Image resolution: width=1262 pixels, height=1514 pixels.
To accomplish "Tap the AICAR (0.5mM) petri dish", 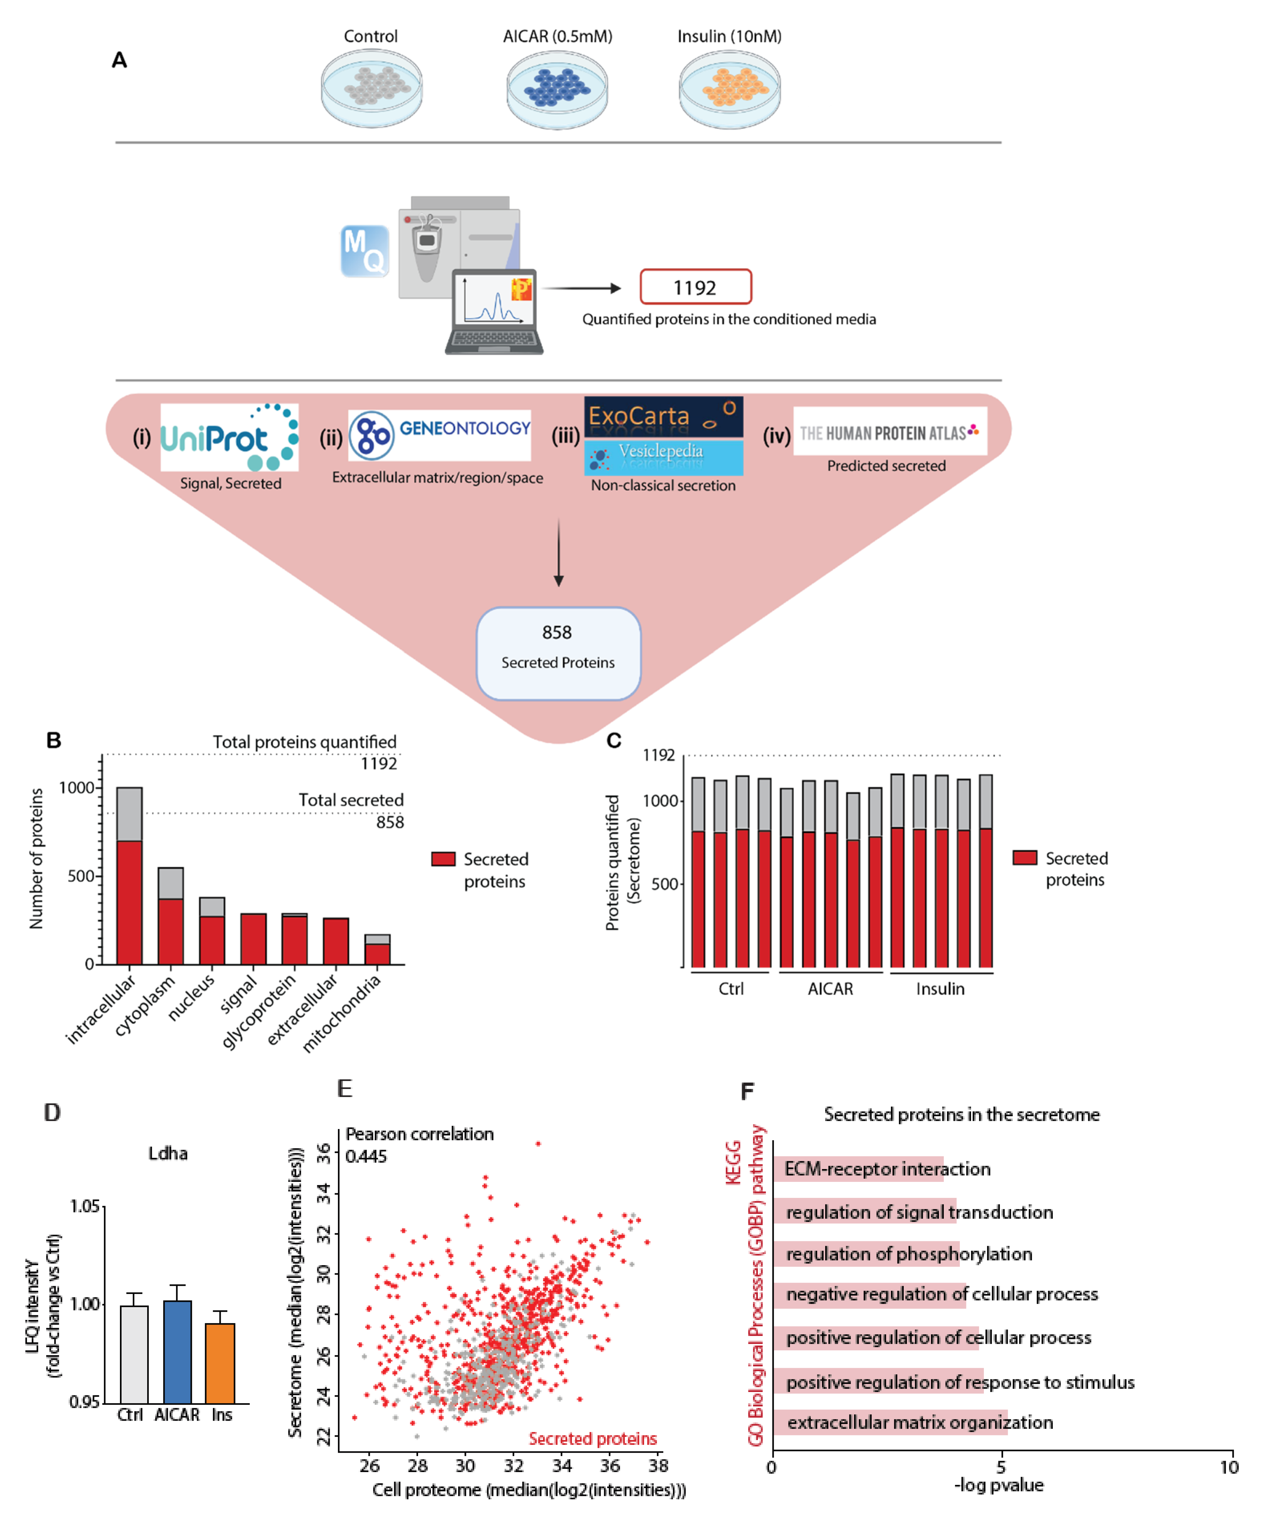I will coord(557,90).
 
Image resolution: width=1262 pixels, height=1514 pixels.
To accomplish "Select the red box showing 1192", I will coord(695,287).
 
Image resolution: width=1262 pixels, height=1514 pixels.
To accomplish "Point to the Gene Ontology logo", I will coord(439,435).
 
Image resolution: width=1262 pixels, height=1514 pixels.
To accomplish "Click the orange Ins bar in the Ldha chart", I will coord(220,1363).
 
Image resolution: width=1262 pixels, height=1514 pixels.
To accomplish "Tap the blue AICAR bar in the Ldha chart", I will coord(178,1352).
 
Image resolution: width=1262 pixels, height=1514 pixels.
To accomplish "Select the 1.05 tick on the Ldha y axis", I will coord(84,1206).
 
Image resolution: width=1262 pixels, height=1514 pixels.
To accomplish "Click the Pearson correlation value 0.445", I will coord(366,1157).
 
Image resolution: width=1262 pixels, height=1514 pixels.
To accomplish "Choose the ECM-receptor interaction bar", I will coord(858,1169).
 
